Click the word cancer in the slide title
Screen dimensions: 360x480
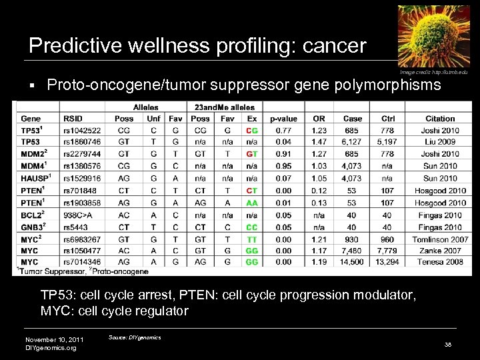click(x=335, y=45)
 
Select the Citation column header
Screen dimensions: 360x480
click(x=440, y=119)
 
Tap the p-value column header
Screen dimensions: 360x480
click(x=284, y=119)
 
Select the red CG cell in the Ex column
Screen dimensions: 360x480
click(x=252, y=131)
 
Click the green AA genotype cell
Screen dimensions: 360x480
click(x=252, y=203)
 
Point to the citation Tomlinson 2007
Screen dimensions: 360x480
click(x=439, y=239)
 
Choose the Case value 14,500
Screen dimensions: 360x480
click(x=353, y=262)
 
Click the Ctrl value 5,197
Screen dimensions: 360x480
click(x=388, y=142)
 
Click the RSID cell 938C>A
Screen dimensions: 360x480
click(x=79, y=215)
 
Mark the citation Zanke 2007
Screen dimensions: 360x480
click(x=440, y=251)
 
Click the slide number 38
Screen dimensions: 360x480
click(x=448, y=344)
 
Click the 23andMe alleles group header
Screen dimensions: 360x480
click(x=224, y=107)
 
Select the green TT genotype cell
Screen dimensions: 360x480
click(x=252, y=239)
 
